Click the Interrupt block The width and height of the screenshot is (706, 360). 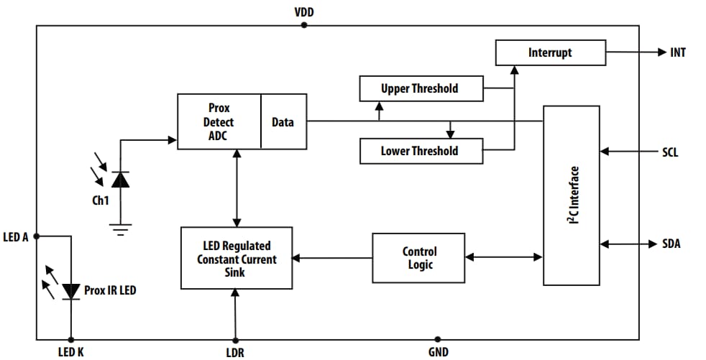[550, 52]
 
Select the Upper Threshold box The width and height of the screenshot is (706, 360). [419, 89]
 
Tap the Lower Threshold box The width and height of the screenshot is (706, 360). [419, 151]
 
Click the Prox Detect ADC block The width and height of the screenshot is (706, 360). [219, 121]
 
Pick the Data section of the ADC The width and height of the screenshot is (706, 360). [283, 121]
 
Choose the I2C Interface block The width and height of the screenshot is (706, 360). [572, 195]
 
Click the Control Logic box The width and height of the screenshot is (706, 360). [418, 257]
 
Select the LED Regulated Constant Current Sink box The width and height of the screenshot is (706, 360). [237, 258]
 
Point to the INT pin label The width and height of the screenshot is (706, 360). [677, 52]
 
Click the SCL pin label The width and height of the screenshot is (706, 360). [670, 152]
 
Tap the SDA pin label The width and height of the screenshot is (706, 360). [670, 244]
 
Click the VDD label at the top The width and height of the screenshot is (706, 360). [303, 12]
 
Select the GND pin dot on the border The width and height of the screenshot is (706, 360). [437, 339]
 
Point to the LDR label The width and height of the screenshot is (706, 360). [234, 351]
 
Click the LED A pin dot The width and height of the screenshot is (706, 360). [37, 236]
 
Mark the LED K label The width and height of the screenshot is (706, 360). [70, 351]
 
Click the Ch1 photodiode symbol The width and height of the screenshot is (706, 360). [120, 179]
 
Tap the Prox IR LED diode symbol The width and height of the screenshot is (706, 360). [70, 290]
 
